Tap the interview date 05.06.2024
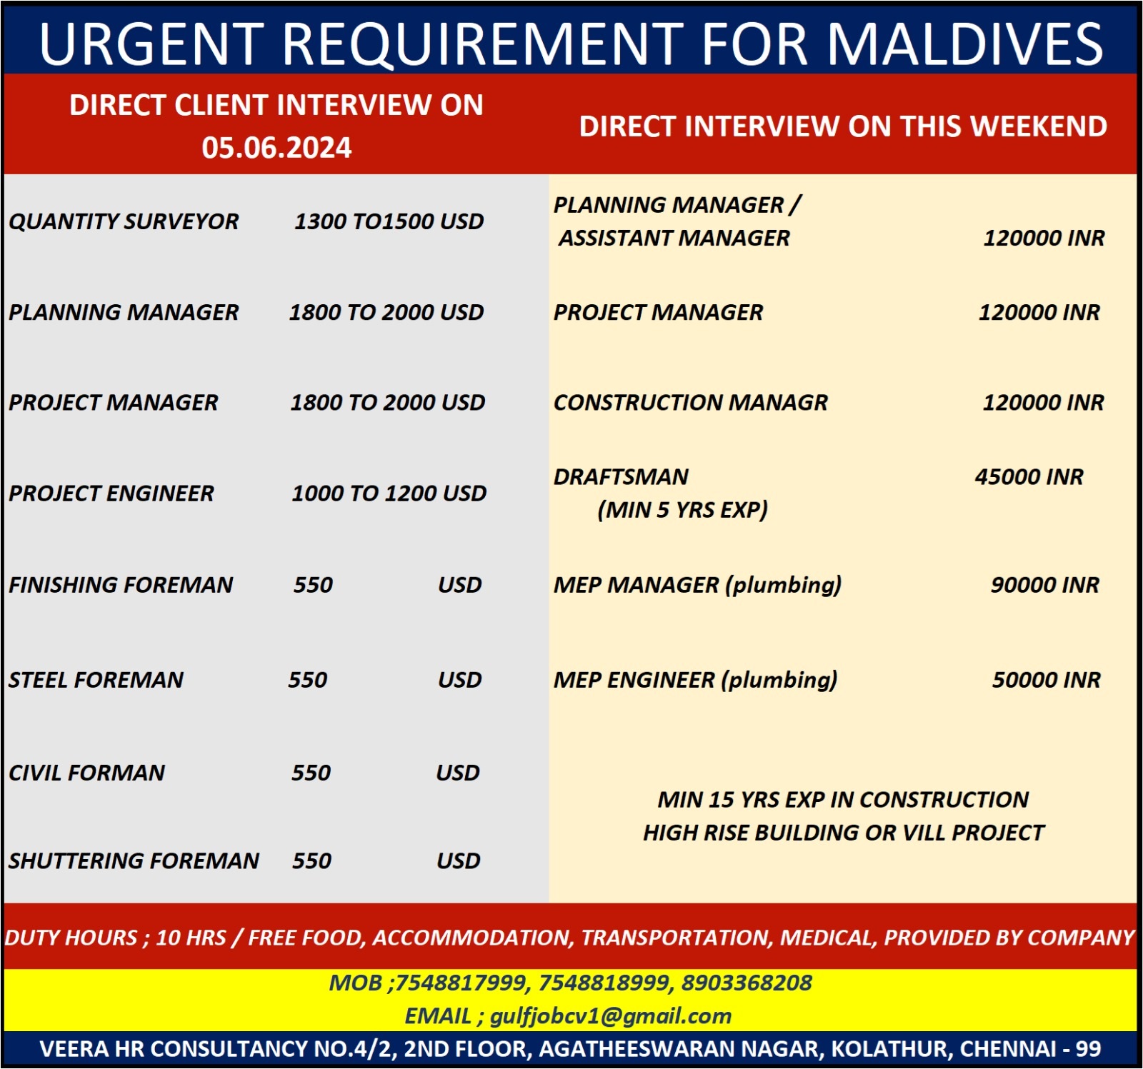276,148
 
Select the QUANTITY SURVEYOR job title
124,221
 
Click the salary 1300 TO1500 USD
389,221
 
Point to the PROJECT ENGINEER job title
111,493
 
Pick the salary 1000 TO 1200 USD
389,493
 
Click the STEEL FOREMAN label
96,680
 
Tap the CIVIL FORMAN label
87,773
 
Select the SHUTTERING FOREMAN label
134,861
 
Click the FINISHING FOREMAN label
121,585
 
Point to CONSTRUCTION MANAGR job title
691,403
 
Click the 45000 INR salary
1029,477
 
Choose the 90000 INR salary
1045,585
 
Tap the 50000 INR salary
1047,680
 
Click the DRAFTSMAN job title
622,477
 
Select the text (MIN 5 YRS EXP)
683,510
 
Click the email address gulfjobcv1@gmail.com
611,1016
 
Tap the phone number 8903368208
747,983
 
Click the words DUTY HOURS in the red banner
71,938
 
